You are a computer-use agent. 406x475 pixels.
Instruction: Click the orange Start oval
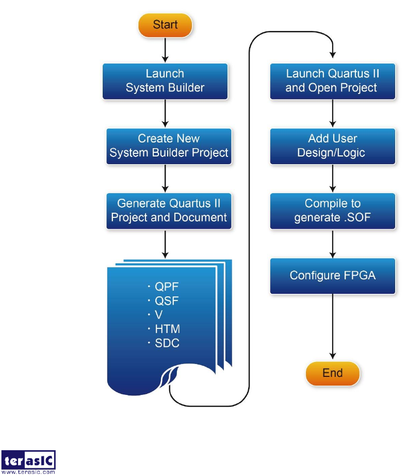(165, 25)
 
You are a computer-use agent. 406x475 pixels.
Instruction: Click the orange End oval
(332, 373)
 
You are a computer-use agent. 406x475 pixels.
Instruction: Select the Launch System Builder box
(165, 81)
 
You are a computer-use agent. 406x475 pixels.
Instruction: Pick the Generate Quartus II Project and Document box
(169, 211)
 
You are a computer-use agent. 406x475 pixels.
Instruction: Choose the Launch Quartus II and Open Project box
(332, 81)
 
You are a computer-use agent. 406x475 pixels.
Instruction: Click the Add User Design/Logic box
(332, 146)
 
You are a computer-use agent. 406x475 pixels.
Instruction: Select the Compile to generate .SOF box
(332, 211)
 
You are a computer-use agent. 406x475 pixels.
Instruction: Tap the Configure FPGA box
(332, 275)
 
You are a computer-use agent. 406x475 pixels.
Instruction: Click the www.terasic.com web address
(29, 471)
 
